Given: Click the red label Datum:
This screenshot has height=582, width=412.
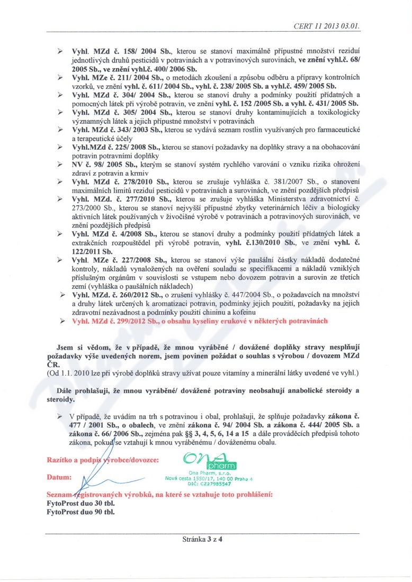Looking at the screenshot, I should [x=59, y=477].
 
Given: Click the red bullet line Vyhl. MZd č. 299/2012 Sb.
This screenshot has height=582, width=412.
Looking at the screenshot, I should [x=200, y=321].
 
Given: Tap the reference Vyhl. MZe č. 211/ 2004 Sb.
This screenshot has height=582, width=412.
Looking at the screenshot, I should [x=122, y=77].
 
